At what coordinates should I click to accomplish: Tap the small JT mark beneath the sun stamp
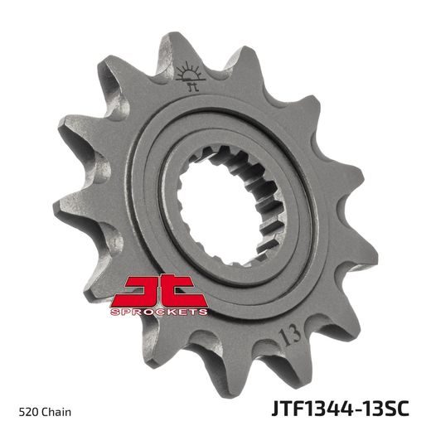coord(191,85)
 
